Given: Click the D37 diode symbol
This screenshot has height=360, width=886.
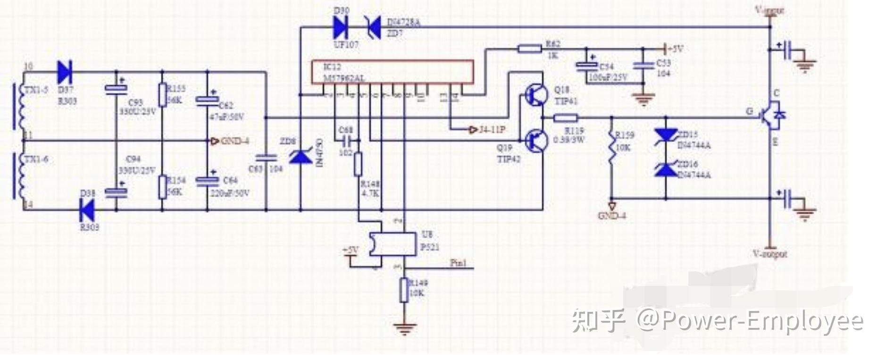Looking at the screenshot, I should (64, 72).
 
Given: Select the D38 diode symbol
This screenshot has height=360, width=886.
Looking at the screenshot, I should (87, 210).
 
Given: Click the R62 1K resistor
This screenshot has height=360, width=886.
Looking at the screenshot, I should (529, 48).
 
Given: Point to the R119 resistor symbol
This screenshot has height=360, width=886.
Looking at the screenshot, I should (565, 118).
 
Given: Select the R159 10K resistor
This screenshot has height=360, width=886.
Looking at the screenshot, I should (612, 147).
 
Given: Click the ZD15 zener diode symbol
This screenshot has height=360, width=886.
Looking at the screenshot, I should (666, 136).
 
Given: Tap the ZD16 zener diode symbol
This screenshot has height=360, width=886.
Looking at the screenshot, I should (666, 169).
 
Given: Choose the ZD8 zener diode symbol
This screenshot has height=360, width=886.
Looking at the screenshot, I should (301, 156).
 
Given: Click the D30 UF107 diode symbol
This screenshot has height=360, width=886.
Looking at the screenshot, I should (340, 27).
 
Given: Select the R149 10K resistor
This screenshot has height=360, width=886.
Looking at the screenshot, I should (404, 290).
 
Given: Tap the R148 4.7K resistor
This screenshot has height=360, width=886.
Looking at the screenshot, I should (359, 164).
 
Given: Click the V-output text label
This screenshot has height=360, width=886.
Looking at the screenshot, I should (769, 254).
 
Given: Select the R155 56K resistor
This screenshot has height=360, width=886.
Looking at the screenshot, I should (163, 95).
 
